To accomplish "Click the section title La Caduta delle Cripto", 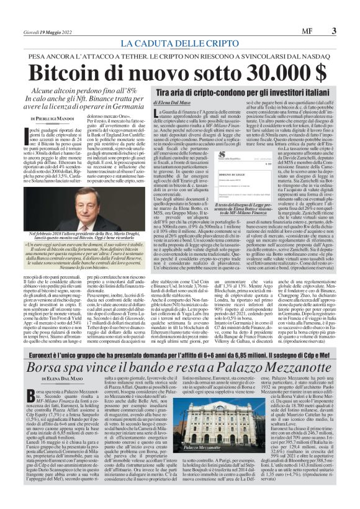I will [x=179, y=43].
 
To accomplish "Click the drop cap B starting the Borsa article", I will [x=30, y=380].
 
